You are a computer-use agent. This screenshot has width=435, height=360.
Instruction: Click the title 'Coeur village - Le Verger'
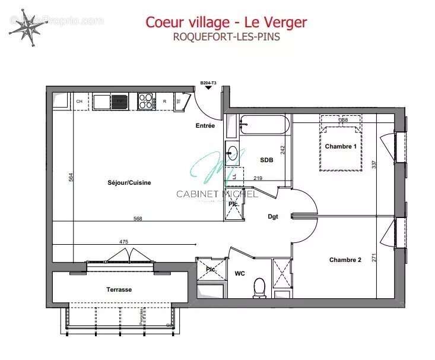click(x=226, y=22)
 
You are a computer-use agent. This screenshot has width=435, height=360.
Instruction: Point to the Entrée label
click(x=205, y=126)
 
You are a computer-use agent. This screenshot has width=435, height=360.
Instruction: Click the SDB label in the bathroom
click(x=266, y=160)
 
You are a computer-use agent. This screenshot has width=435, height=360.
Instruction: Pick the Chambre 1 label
click(x=341, y=146)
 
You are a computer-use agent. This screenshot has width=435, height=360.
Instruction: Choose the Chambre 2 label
click(x=345, y=260)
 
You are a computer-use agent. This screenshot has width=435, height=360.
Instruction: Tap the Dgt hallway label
click(x=273, y=217)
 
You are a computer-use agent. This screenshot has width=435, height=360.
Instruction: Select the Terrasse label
click(x=119, y=289)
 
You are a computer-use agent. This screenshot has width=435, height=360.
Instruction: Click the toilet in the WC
click(x=259, y=288)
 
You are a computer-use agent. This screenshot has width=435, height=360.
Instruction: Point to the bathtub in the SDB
click(x=264, y=125)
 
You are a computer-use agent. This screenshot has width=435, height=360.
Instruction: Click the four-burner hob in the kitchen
click(x=146, y=101)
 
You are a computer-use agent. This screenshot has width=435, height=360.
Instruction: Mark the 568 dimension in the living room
click(x=138, y=219)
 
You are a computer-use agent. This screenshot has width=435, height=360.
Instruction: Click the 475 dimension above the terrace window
click(x=123, y=242)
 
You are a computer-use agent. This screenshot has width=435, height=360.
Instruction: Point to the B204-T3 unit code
click(x=208, y=83)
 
